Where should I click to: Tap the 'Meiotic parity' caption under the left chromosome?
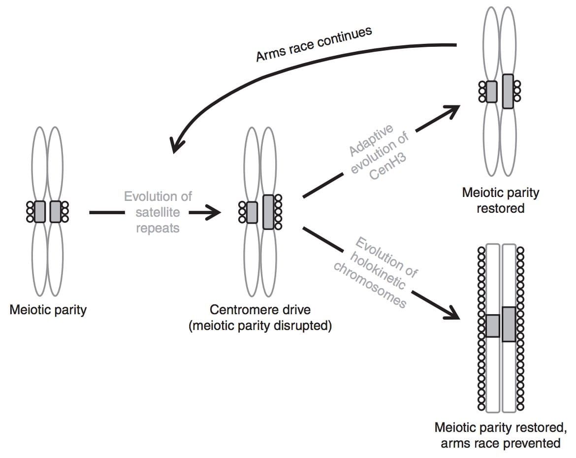click(48, 310)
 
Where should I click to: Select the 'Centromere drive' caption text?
click(260, 310)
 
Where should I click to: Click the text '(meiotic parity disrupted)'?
click(260, 326)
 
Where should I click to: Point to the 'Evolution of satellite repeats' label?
click(158, 212)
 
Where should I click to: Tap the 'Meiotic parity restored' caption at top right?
click(500, 200)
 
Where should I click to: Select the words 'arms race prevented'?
click(500, 443)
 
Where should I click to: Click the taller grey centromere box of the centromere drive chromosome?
click(268, 212)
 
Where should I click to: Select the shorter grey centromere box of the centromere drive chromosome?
click(252, 212)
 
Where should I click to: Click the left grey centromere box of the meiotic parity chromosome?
click(40, 212)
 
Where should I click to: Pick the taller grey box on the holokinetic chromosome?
click(509, 324)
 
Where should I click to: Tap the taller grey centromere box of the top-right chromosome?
click(508, 91)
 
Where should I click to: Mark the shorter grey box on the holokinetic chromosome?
click(492, 326)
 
